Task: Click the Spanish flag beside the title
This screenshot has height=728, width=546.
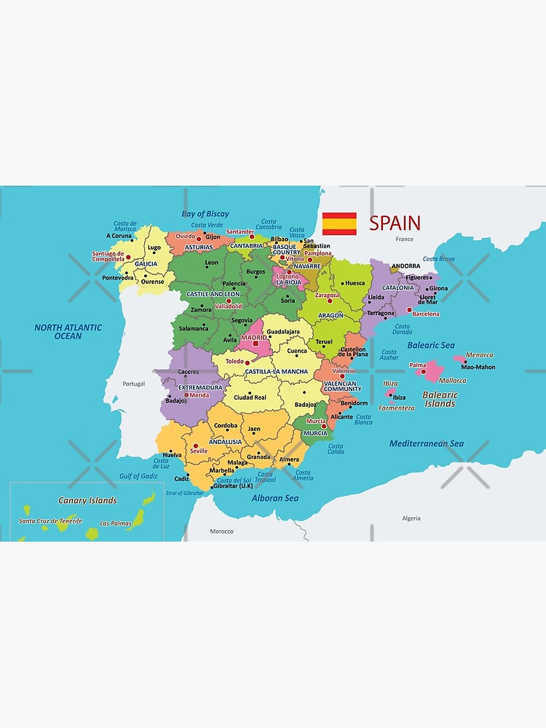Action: pos(339,223)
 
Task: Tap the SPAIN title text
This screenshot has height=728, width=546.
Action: pos(395,223)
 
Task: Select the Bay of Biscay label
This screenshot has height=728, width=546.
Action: pos(205,214)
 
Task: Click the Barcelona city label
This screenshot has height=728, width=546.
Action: pos(426,314)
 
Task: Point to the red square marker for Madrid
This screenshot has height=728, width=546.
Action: pos(256,344)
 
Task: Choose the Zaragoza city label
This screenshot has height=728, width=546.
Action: pos(327,296)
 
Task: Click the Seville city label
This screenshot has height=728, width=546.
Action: pos(199,451)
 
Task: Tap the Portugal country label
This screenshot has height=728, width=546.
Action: pos(134,384)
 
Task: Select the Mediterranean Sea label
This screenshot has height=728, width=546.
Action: pos(427,443)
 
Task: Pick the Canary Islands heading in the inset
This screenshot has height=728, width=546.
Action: pos(87,500)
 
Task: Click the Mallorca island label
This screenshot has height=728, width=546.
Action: pos(453,380)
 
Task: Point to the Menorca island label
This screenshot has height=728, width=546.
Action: pos(479,355)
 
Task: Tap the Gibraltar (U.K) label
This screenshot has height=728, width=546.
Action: pos(233,486)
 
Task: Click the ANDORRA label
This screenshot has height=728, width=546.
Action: pos(405,266)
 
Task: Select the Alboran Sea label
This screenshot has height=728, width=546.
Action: pos(275,498)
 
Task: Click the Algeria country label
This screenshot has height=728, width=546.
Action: pos(411,518)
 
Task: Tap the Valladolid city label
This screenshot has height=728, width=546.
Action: pos(229,306)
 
